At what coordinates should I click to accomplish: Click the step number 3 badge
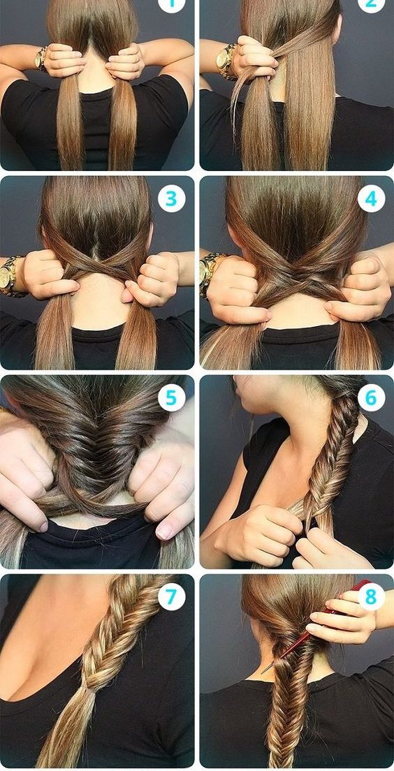[x=171, y=198]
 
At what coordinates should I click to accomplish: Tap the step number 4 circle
[x=371, y=198]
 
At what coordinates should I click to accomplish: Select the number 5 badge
[x=171, y=398]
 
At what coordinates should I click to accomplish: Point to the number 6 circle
[x=371, y=398]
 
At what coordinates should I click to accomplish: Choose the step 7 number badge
[x=171, y=597]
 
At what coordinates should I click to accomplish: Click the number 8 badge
[x=371, y=597]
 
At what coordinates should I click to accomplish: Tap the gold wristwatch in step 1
[x=41, y=59]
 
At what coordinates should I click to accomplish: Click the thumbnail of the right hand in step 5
[x=166, y=531]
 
